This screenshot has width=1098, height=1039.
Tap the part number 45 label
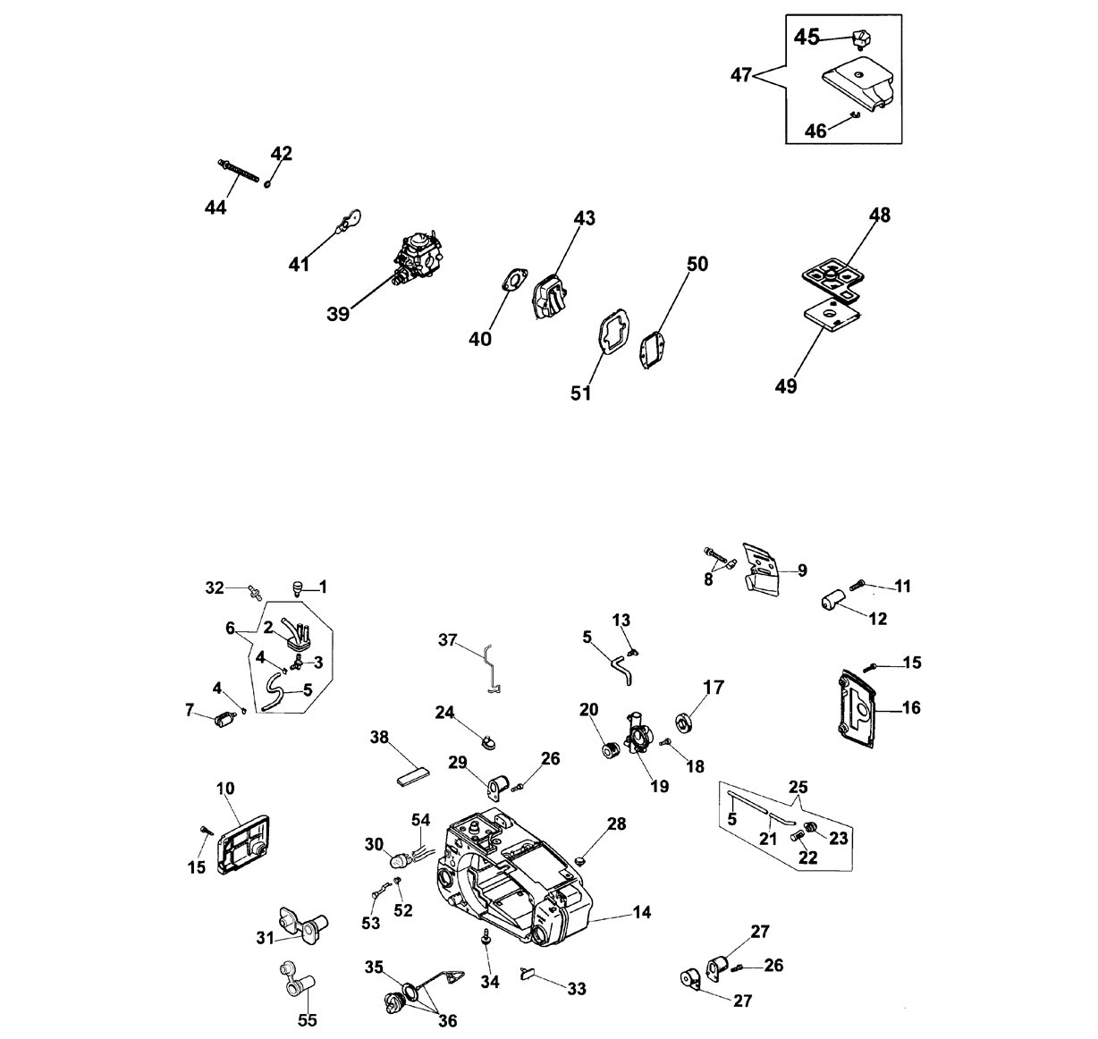(x=807, y=38)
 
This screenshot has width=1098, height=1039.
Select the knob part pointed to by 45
(x=862, y=40)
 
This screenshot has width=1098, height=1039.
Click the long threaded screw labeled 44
(x=238, y=171)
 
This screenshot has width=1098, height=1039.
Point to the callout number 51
(x=581, y=393)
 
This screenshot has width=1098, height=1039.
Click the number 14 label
(x=642, y=912)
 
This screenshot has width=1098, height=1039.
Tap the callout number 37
(x=448, y=640)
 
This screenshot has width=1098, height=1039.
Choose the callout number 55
(x=308, y=1020)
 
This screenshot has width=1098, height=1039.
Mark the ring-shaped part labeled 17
(x=683, y=723)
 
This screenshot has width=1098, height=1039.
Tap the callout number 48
(x=880, y=215)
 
